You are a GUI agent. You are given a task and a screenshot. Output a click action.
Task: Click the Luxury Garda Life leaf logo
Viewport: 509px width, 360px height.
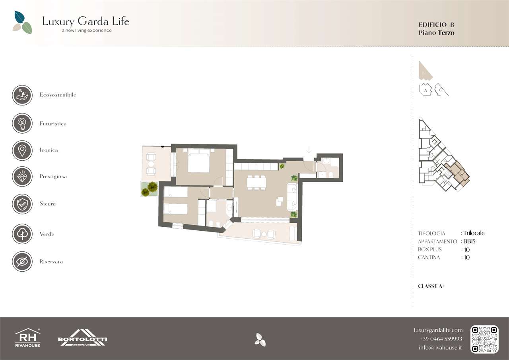[x=22, y=23]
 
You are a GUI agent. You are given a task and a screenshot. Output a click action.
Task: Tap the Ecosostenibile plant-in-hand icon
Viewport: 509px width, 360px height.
[x=22, y=95]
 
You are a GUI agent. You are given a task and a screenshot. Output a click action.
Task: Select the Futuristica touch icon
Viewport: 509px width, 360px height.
[x=22, y=123]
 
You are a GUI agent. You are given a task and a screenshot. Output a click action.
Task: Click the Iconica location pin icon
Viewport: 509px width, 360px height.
[x=22, y=150]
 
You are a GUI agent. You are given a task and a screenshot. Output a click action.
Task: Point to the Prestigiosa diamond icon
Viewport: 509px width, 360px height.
[x=22, y=176]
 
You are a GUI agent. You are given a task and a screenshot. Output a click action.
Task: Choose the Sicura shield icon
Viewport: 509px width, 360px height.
[x=22, y=204]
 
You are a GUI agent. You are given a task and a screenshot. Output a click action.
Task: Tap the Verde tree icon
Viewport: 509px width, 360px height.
[x=22, y=234]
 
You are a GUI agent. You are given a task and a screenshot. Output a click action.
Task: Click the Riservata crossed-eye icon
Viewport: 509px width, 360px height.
[x=22, y=262]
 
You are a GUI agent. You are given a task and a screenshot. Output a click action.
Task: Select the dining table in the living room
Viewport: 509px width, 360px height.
[x=256, y=183]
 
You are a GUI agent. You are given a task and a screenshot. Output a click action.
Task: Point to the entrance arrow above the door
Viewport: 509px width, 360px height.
[x=309, y=150]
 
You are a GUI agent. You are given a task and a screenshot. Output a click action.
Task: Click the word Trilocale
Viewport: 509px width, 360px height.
[x=474, y=233]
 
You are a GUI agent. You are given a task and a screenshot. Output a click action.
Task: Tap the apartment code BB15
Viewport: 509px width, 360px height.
[x=469, y=241]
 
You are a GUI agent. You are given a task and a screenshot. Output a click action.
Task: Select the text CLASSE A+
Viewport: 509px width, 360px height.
[x=431, y=286]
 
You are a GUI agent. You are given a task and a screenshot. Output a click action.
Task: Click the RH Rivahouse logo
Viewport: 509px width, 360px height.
[x=28, y=338]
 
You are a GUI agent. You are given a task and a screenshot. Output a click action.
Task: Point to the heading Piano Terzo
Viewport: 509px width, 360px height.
[x=437, y=33]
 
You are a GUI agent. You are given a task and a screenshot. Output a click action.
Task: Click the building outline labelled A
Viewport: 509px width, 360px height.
[x=425, y=90]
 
